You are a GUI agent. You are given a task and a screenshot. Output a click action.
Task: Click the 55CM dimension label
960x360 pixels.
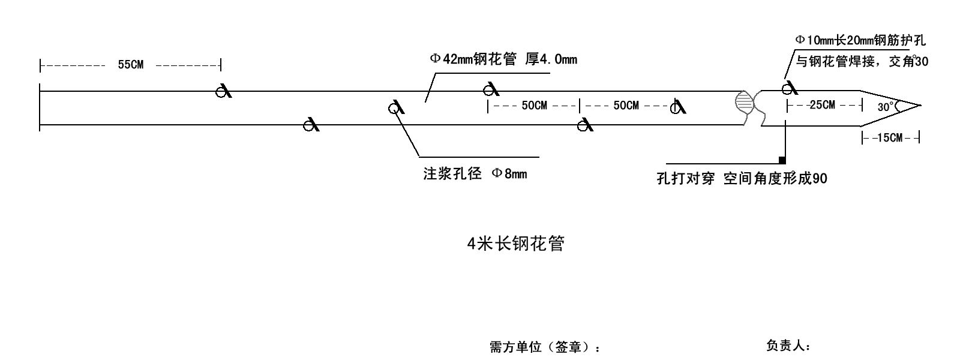130,65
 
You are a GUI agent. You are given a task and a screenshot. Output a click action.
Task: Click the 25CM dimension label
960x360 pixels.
822,105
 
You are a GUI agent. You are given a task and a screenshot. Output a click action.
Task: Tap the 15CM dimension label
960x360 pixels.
889,138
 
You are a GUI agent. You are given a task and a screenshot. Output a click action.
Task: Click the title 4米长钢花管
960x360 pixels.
515,244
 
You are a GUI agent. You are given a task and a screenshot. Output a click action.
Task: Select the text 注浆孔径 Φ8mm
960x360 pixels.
475,174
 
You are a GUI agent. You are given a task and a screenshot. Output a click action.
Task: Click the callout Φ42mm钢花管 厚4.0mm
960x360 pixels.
503,59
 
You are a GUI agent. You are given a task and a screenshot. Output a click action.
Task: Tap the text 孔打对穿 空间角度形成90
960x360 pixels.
742,179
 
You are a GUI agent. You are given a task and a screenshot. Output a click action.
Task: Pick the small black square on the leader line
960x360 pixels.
782,160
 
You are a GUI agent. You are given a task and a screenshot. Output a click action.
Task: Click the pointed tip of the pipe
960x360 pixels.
917,105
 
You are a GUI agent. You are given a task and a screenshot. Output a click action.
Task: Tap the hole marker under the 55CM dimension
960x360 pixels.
223,92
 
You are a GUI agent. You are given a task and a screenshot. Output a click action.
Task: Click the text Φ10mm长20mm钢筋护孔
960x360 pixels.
860,40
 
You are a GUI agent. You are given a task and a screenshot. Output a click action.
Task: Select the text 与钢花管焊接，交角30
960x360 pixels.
862,61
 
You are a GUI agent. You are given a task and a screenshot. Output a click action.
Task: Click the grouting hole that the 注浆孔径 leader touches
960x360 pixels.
394,108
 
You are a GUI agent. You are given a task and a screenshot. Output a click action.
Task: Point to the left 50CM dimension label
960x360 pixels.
534,106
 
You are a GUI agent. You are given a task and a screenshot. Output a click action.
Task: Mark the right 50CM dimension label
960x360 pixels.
626,106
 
